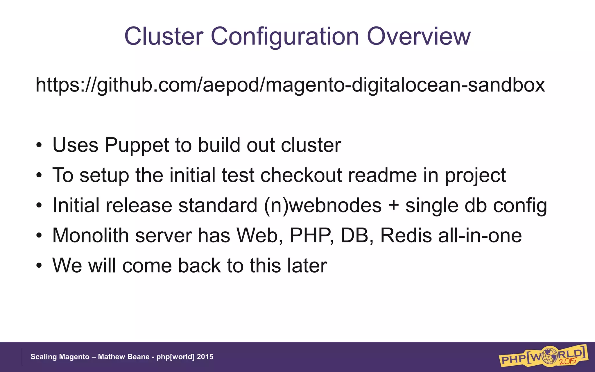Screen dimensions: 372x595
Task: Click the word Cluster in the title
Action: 164,36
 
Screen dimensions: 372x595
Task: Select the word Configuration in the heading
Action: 285,37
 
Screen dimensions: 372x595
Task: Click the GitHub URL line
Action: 290,85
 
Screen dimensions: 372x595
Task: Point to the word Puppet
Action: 137,145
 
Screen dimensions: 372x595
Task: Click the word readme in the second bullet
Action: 382,175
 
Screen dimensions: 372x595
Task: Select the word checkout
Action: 301,175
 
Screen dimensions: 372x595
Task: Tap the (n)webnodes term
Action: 322,205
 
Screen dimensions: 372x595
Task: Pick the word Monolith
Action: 90,235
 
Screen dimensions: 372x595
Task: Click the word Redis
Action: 406,235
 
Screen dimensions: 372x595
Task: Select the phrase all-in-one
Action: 480,235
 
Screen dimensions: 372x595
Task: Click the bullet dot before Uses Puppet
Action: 39,145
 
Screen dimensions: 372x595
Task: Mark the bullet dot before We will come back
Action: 39,266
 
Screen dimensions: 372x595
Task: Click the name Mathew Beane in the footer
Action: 123,357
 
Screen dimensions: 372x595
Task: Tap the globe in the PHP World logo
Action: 550,355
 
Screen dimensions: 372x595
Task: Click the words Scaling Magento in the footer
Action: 60,357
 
